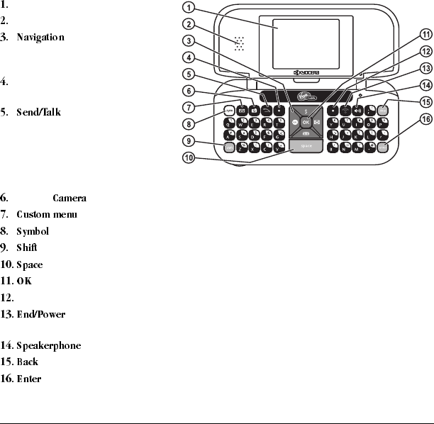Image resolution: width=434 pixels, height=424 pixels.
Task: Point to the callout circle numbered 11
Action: pos(425,33)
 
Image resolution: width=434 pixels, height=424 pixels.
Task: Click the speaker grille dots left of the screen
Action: pos(240,43)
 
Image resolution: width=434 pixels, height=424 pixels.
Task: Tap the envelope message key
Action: pos(242,110)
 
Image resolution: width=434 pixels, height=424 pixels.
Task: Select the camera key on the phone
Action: pos(255,110)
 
